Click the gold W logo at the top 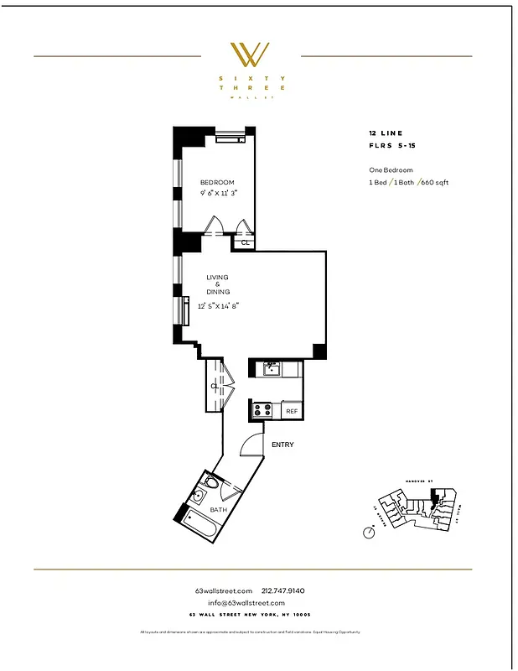tap(250, 56)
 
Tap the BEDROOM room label tap(217, 182)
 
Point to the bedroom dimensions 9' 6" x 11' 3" tap(218, 193)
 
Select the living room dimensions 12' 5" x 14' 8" tap(219, 306)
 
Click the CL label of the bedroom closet tap(246, 242)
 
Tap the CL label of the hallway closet tap(215, 386)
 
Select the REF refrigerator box tap(292, 411)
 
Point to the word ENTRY tap(282, 445)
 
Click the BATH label tap(218, 509)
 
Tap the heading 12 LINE tap(386, 133)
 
